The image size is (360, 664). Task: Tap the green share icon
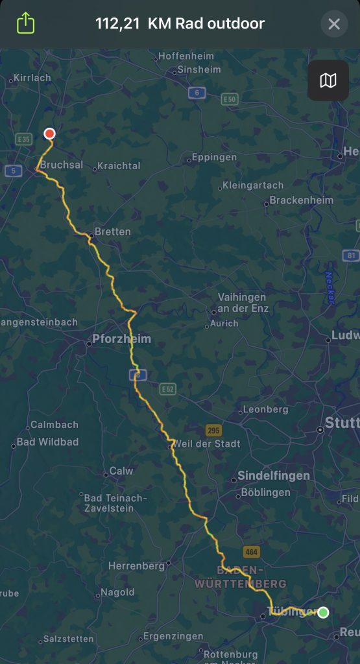(x=25, y=24)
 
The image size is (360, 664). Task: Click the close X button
(x=334, y=25)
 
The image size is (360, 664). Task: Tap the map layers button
(x=328, y=80)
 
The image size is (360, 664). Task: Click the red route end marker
(x=49, y=134)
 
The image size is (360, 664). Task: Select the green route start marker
(x=323, y=612)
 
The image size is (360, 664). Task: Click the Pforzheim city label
(x=121, y=338)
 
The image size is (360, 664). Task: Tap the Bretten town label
(x=112, y=231)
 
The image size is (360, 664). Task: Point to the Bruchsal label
(x=62, y=165)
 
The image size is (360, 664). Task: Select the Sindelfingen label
(x=274, y=475)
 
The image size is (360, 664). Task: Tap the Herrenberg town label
(x=136, y=566)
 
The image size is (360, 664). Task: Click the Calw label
(x=121, y=471)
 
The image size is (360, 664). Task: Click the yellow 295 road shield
(x=213, y=430)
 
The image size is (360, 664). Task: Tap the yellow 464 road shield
(x=252, y=552)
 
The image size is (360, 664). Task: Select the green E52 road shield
(x=168, y=388)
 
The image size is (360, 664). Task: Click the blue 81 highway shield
(x=351, y=255)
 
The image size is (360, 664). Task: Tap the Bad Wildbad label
(x=47, y=442)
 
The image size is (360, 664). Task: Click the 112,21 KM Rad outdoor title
(x=180, y=25)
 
